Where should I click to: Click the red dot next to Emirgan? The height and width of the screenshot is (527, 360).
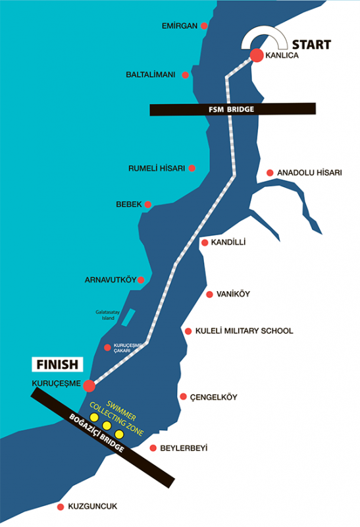point(204,26)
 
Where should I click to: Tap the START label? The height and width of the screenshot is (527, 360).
point(311,45)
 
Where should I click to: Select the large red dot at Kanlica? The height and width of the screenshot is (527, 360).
point(257,55)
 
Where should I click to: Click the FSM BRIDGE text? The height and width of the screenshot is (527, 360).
point(232,109)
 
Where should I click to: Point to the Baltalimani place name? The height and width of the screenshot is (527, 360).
point(151,74)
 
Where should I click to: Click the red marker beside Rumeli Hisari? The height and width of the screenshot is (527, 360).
point(192,168)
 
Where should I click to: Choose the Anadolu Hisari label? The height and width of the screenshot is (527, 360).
point(309,173)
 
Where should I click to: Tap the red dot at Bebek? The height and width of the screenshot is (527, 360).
point(148,204)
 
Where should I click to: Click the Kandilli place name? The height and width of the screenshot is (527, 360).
point(228,242)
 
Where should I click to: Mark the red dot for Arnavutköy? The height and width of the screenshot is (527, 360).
point(141,279)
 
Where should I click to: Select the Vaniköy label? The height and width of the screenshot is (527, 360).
point(233,294)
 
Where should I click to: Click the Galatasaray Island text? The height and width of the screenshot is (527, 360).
point(108,315)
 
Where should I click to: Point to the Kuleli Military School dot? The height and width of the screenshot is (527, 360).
point(188,331)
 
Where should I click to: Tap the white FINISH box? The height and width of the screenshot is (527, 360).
point(57,364)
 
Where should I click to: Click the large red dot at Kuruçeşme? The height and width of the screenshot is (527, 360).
point(89,385)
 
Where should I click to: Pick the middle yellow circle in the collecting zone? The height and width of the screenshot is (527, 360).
point(107,426)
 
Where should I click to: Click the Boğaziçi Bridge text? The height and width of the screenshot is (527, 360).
point(97,433)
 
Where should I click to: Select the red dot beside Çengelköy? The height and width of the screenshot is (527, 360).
point(183,397)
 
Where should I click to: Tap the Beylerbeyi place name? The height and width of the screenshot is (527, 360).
point(184,449)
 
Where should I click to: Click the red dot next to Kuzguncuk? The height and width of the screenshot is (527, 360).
point(61,507)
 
